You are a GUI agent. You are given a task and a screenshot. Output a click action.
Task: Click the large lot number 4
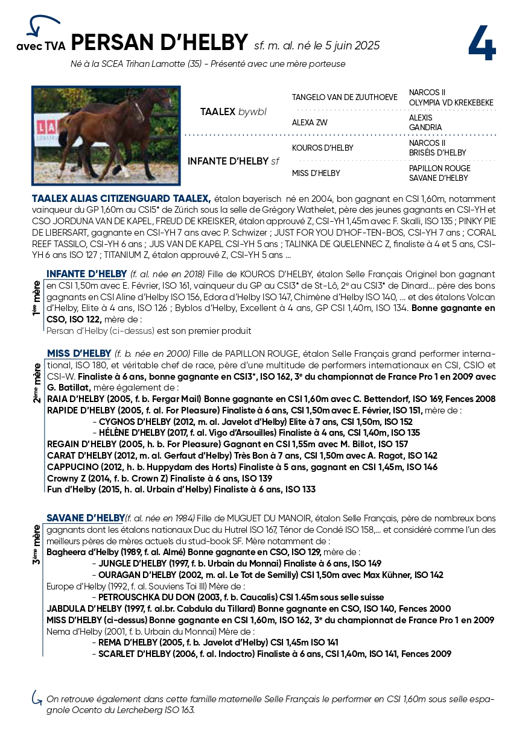point(481,43)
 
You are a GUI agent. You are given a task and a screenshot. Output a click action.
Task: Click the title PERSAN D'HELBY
point(159,43)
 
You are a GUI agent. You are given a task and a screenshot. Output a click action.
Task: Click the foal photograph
point(106,135)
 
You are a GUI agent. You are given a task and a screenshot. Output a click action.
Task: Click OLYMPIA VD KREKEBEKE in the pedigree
point(442,102)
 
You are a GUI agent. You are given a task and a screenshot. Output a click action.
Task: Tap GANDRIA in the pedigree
point(425,128)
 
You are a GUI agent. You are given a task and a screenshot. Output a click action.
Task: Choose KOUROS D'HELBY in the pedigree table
point(322,148)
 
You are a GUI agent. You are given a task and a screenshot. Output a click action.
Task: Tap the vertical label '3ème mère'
point(37,544)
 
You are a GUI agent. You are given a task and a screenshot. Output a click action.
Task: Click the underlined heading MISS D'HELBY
point(79,353)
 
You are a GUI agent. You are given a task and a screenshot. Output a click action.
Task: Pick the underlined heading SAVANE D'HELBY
point(85,518)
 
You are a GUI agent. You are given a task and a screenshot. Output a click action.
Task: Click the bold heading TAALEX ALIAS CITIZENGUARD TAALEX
point(121,198)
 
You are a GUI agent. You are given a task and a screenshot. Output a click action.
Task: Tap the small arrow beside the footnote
point(37,697)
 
